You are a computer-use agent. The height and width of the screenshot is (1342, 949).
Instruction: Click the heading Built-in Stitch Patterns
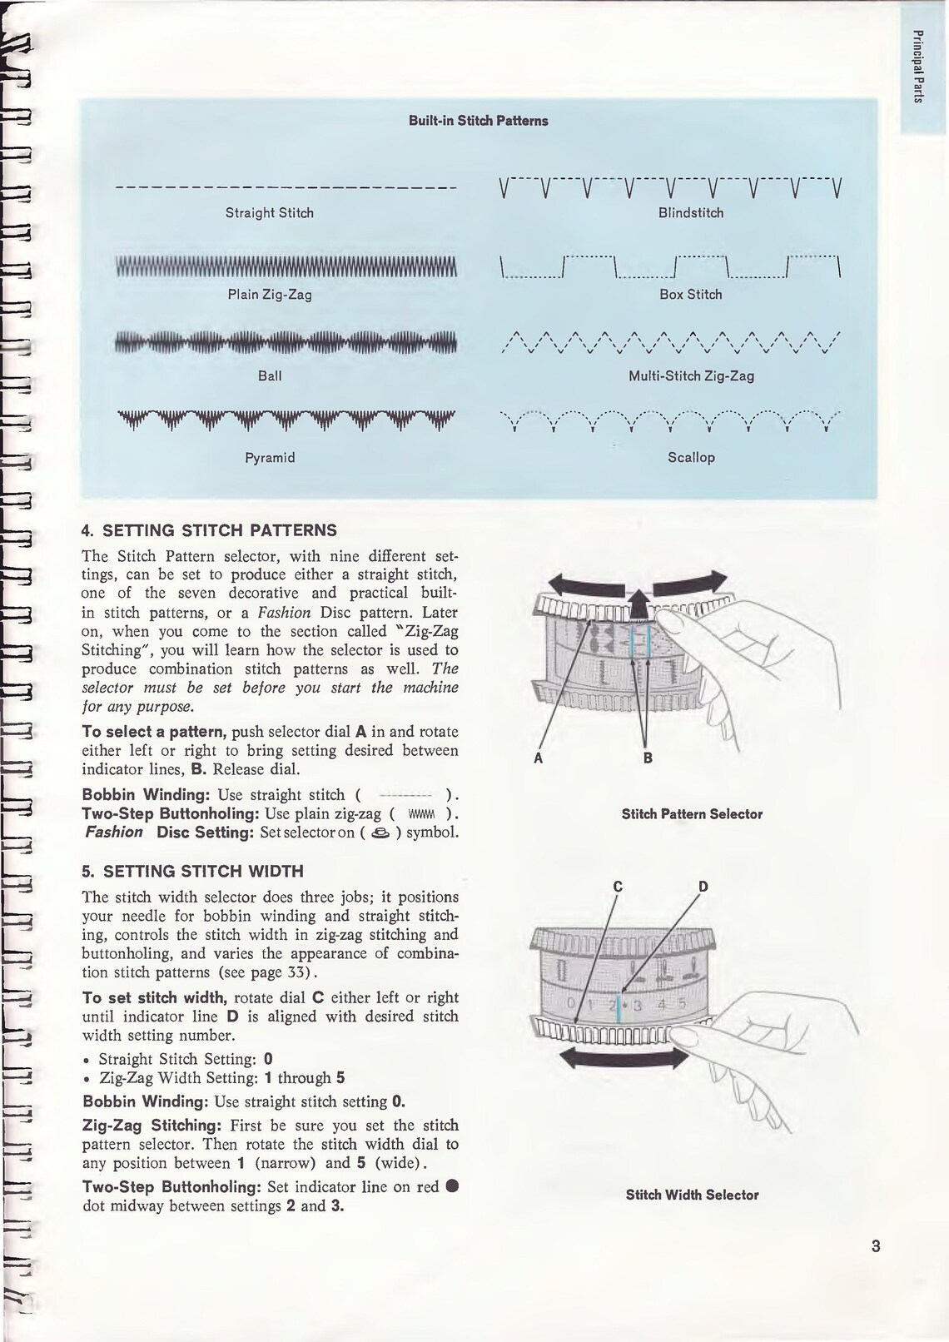tap(478, 121)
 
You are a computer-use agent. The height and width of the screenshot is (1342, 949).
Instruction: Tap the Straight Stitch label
tap(270, 213)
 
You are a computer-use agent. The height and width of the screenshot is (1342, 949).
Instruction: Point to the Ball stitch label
tap(270, 376)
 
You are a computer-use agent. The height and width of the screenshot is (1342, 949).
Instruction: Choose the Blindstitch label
tap(691, 213)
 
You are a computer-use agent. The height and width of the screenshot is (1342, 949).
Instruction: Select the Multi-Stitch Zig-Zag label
tap(691, 376)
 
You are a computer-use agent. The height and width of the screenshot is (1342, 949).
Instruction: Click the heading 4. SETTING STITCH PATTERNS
tap(209, 530)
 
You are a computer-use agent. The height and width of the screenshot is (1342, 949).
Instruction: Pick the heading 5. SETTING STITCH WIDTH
tap(192, 872)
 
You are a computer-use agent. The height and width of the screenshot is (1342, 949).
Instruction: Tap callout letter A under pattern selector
tap(539, 758)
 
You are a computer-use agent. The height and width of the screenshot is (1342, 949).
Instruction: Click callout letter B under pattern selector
tap(648, 758)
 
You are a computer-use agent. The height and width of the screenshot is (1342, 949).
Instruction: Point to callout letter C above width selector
tap(618, 887)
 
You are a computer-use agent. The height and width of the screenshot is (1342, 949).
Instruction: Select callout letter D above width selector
tap(703, 887)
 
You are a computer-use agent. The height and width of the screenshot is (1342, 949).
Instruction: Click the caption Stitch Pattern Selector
tap(692, 814)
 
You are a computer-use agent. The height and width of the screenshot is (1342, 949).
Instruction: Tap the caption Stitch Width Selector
tap(692, 1195)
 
